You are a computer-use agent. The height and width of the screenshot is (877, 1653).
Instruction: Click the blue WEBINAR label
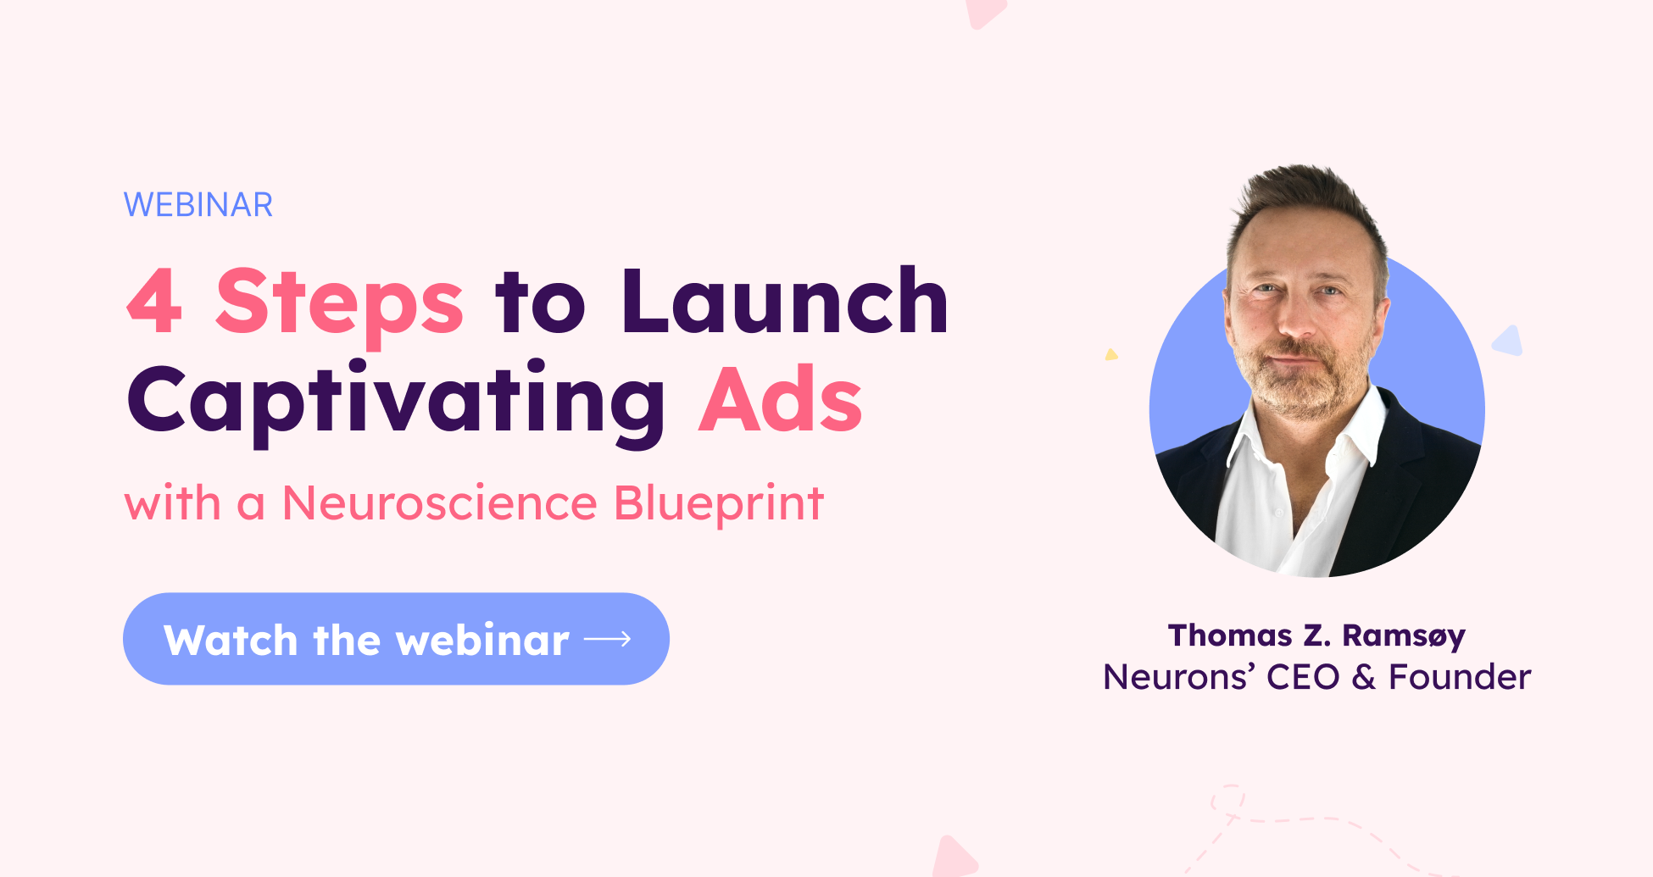click(198, 205)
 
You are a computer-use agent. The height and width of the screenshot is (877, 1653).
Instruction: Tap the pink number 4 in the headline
click(154, 301)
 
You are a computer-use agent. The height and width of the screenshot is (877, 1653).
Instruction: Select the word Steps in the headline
click(340, 305)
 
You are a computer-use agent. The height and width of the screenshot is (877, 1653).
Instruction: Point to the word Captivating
click(397, 402)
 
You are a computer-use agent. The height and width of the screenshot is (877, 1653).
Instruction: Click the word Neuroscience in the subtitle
click(440, 503)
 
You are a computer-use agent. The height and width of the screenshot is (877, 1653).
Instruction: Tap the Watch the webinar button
click(396, 639)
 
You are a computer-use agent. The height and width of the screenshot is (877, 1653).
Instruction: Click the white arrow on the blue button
click(608, 639)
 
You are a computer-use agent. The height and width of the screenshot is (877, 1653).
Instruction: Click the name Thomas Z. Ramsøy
click(1316, 636)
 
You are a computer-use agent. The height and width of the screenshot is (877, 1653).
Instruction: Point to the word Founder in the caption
click(1460, 677)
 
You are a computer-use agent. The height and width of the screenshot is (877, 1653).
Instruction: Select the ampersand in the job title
click(1363, 678)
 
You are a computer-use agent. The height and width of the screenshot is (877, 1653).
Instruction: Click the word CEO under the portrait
click(1303, 677)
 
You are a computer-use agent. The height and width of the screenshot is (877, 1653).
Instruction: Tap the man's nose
click(1295, 319)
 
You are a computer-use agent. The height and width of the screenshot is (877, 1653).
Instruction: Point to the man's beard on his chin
click(1293, 394)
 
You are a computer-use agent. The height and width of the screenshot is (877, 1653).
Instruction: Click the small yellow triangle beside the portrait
click(1110, 354)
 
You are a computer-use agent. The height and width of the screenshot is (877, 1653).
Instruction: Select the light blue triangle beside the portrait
click(1507, 341)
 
